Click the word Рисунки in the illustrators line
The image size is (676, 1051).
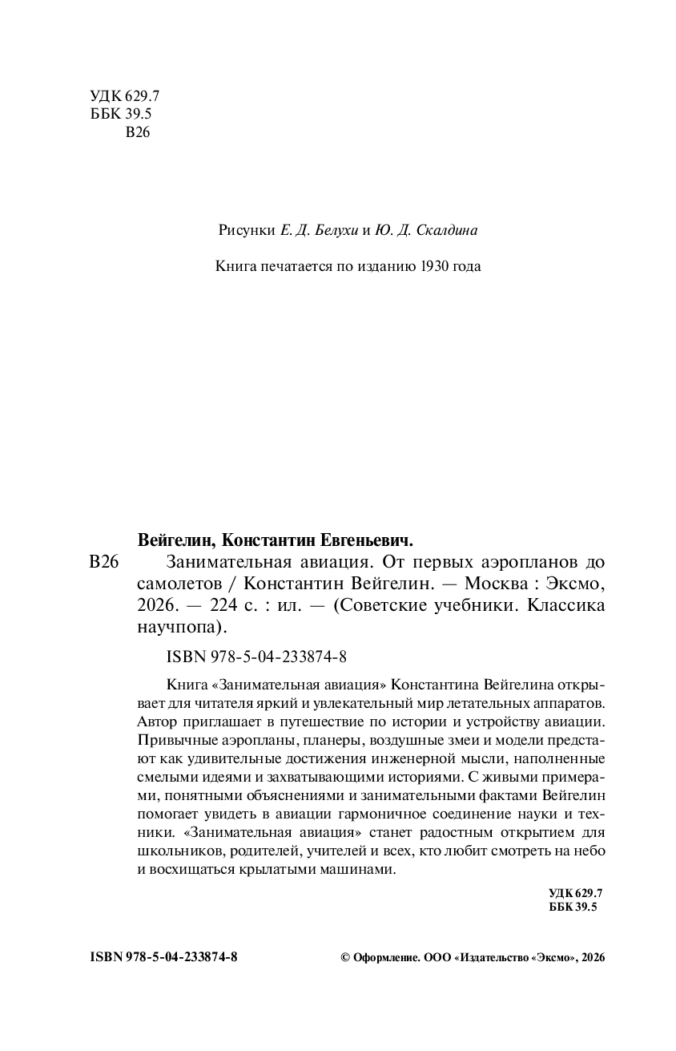tap(247, 231)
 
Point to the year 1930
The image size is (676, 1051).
tap(433, 265)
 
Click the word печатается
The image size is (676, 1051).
tap(292, 265)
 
